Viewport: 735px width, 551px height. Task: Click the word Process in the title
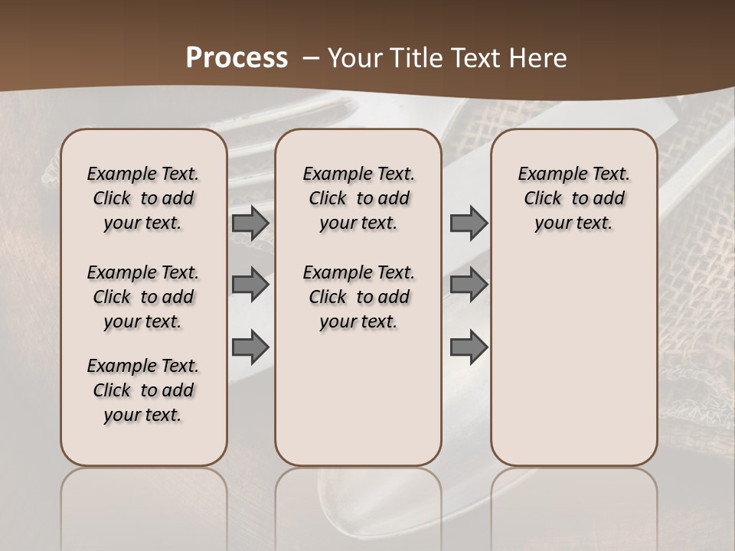point(237,58)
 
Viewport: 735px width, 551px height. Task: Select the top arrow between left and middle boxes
point(250,223)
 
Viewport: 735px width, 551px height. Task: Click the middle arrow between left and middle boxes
point(250,285)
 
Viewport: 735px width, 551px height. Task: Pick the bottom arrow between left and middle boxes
point(250,347)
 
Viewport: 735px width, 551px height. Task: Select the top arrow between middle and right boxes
point(469,223)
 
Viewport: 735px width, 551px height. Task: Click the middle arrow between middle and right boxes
point(469,285)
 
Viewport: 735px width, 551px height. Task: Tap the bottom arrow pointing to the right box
point(469,347)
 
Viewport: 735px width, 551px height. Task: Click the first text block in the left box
point(143,198)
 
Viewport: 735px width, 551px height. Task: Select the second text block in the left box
point(143,297)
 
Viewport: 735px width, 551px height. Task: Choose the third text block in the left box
point(143,390)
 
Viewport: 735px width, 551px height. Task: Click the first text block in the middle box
point(358,198)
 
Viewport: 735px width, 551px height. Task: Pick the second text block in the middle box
point(358,297)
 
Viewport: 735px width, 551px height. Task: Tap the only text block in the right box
point(573,198)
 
